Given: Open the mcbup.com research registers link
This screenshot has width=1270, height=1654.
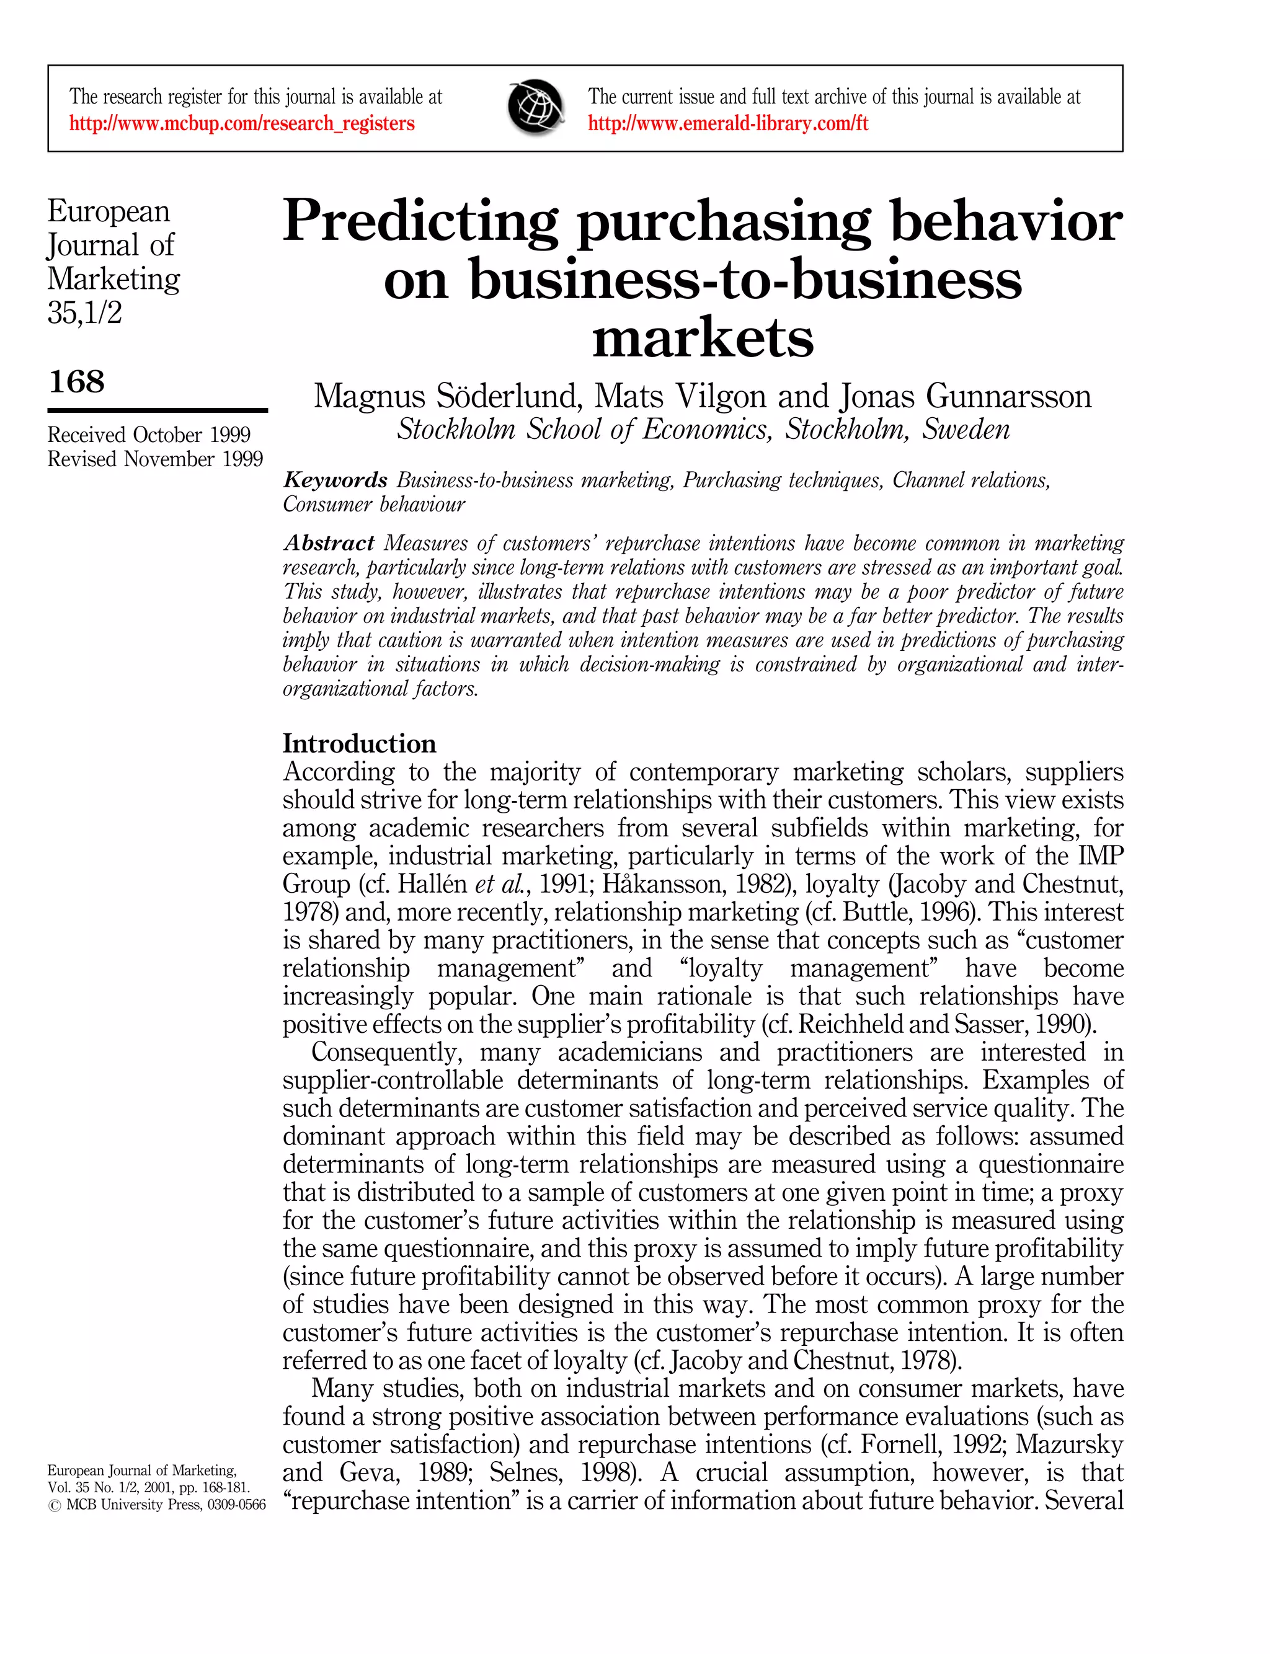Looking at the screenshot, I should (242, 123).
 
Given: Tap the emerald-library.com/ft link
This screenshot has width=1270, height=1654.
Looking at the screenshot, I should (728, 123).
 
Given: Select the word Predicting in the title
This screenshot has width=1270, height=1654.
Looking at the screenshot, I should (420, 221).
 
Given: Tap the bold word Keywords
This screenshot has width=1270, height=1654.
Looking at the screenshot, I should (335, 480).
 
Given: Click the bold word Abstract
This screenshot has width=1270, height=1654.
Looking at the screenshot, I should (329, 542).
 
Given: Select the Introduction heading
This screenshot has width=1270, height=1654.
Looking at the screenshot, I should (359, 743).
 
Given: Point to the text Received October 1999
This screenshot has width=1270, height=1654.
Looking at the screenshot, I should (149, 435).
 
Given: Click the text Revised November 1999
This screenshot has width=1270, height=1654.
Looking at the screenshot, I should (155, 459).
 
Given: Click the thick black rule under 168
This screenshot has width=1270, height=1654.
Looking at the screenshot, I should (158, 410).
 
